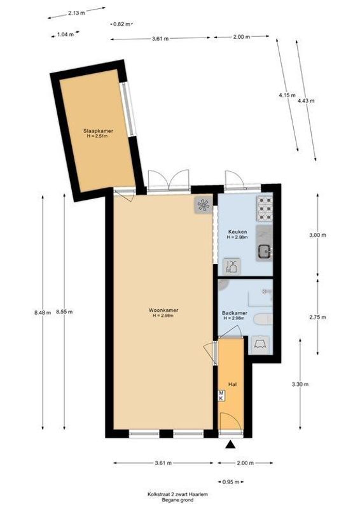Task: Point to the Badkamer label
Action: tap(235, 312)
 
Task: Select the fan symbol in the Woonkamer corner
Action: tap(204, 205)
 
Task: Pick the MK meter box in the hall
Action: tap(221, 396)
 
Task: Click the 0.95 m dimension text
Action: tap(229, 482)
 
